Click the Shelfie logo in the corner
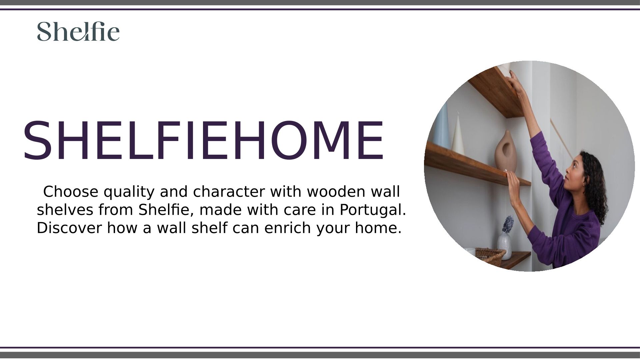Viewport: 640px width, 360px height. [x=78, y=31]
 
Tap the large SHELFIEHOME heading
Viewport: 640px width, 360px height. [x=203, y=141]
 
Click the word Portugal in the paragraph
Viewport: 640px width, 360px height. [x=373, y=210]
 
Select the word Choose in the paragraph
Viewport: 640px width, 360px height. [x=71, y=192]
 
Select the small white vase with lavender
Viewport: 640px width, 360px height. [x=505, y=246]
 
